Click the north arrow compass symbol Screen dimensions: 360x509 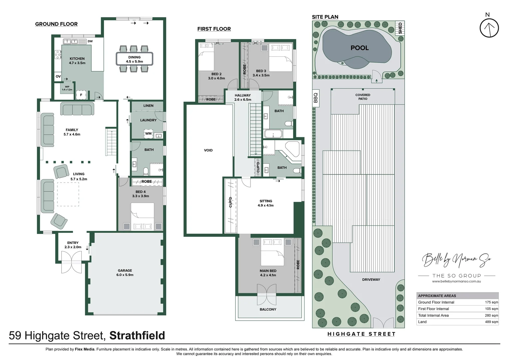489,28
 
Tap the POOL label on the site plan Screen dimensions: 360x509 359,48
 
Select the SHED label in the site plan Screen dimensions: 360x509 400,28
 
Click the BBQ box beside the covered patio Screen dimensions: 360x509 316,98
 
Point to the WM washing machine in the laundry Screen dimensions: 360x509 148,134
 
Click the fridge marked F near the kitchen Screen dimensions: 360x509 81,95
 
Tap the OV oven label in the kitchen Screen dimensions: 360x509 58,76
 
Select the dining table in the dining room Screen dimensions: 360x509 135,59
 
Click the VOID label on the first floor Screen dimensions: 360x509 208,150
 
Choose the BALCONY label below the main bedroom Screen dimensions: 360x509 268,309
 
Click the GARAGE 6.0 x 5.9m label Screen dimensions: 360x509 125,273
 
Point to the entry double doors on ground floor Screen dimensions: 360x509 72,262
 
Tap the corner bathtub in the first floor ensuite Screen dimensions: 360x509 292,151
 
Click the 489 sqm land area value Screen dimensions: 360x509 491,322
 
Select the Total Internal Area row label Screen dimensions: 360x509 433,315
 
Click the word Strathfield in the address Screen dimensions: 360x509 137,335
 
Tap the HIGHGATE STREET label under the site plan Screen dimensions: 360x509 361,334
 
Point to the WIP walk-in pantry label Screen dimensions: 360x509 67,88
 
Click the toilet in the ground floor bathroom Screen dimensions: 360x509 146,171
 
